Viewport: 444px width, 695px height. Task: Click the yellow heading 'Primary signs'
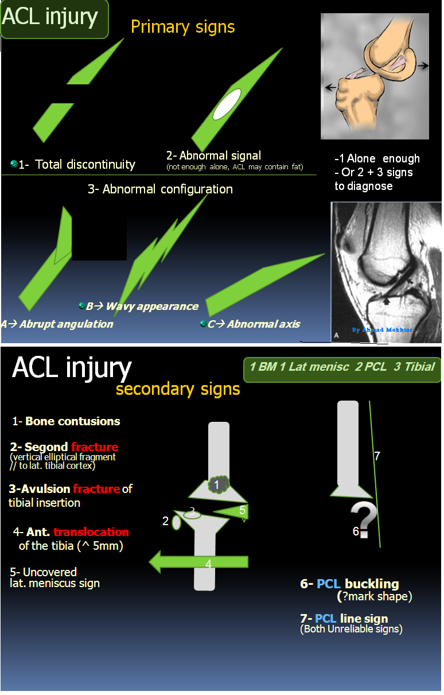(x=182, y=27)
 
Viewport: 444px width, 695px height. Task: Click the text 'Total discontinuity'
(x=85, y=165)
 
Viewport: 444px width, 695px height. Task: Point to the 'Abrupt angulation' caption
(x=66, y=324)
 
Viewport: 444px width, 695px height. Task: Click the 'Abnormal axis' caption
(x=263, y=324)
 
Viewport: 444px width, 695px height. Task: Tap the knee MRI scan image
(x=385, y=271)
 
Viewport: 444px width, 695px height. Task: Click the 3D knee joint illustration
(x=375, y=76)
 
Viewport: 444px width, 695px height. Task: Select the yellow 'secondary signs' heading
(x=178, y=389)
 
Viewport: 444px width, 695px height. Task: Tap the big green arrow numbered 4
(x=198, y=561)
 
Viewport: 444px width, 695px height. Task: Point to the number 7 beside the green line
(x=377, y=456)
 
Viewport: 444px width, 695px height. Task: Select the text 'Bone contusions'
(x=73, y=421)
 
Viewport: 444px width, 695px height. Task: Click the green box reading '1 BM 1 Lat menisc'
(x=342, y=367)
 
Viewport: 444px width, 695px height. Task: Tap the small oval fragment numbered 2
(x=176, y=522)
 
